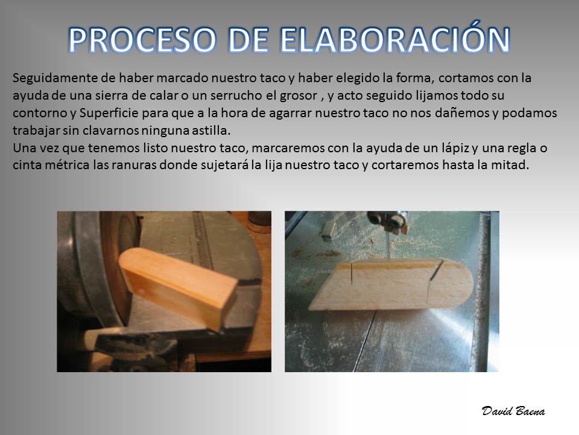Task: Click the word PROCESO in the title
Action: [142, 40]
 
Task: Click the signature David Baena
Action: [513, 411]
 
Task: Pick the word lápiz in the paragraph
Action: [455, 149]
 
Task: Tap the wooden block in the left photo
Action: [177, 287]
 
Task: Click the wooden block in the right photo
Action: [391, 285]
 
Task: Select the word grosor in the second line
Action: [299, 96]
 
